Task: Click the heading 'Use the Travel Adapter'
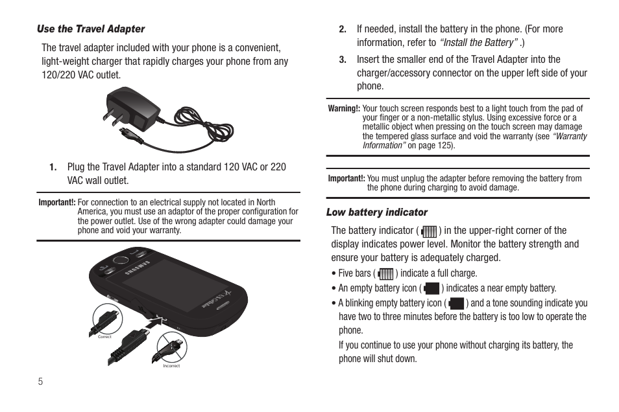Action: point(91,29)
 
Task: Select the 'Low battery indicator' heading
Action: point(377,212)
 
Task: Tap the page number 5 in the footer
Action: point(40,382)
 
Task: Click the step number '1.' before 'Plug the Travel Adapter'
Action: point(53,167)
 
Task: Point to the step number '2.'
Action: point(343,29)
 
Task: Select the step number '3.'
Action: point(343,60)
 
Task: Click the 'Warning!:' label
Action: point(344,109)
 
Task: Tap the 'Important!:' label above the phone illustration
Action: point(57,203)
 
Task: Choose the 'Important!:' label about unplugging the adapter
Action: point(346,179)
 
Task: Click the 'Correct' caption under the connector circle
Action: point(104,337)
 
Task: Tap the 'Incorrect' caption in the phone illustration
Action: point(171,366)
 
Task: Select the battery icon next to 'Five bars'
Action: point(385,274)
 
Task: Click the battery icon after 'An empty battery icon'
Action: point(431,288)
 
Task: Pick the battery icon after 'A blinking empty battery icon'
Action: point(456,303)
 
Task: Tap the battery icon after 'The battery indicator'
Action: point(429,231)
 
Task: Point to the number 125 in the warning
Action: point(446,146)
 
